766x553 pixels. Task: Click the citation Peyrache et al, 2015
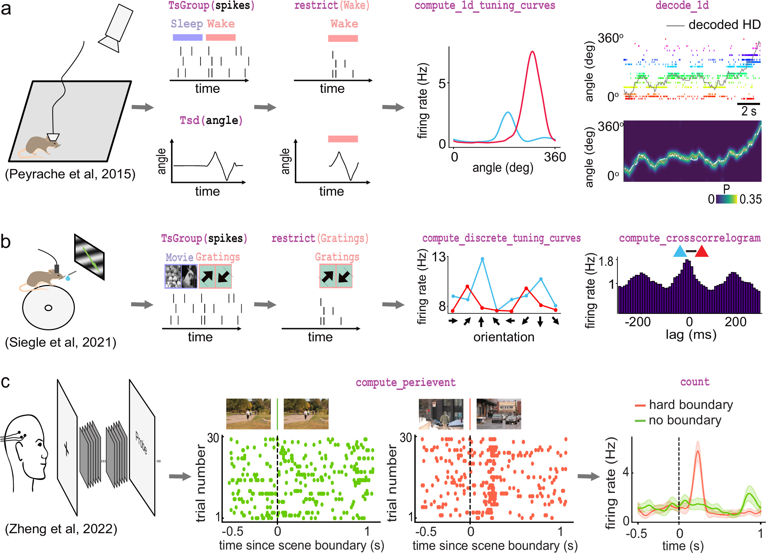click(x=70, y=174)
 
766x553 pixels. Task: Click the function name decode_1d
click(x=682, y=5)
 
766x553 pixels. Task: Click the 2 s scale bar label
click(x=748, y=111)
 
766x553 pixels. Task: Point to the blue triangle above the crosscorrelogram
click(x=680, y=252)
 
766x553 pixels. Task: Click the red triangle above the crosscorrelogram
click(x=702, y=252)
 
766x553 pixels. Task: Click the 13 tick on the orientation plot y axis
click(x=439, y=257)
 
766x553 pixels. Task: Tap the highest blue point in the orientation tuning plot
click(x=482, y=259)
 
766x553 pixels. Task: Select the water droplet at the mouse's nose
click(x=68, y=278)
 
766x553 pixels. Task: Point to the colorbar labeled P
click(x=726, y=199)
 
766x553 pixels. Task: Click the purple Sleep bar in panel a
click(x=188, y=37)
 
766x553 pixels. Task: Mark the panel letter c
click(x=5, y=382)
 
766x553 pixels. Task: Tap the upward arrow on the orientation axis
click(x=481, y=321)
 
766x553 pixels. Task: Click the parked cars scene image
click(x=499, y=414)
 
